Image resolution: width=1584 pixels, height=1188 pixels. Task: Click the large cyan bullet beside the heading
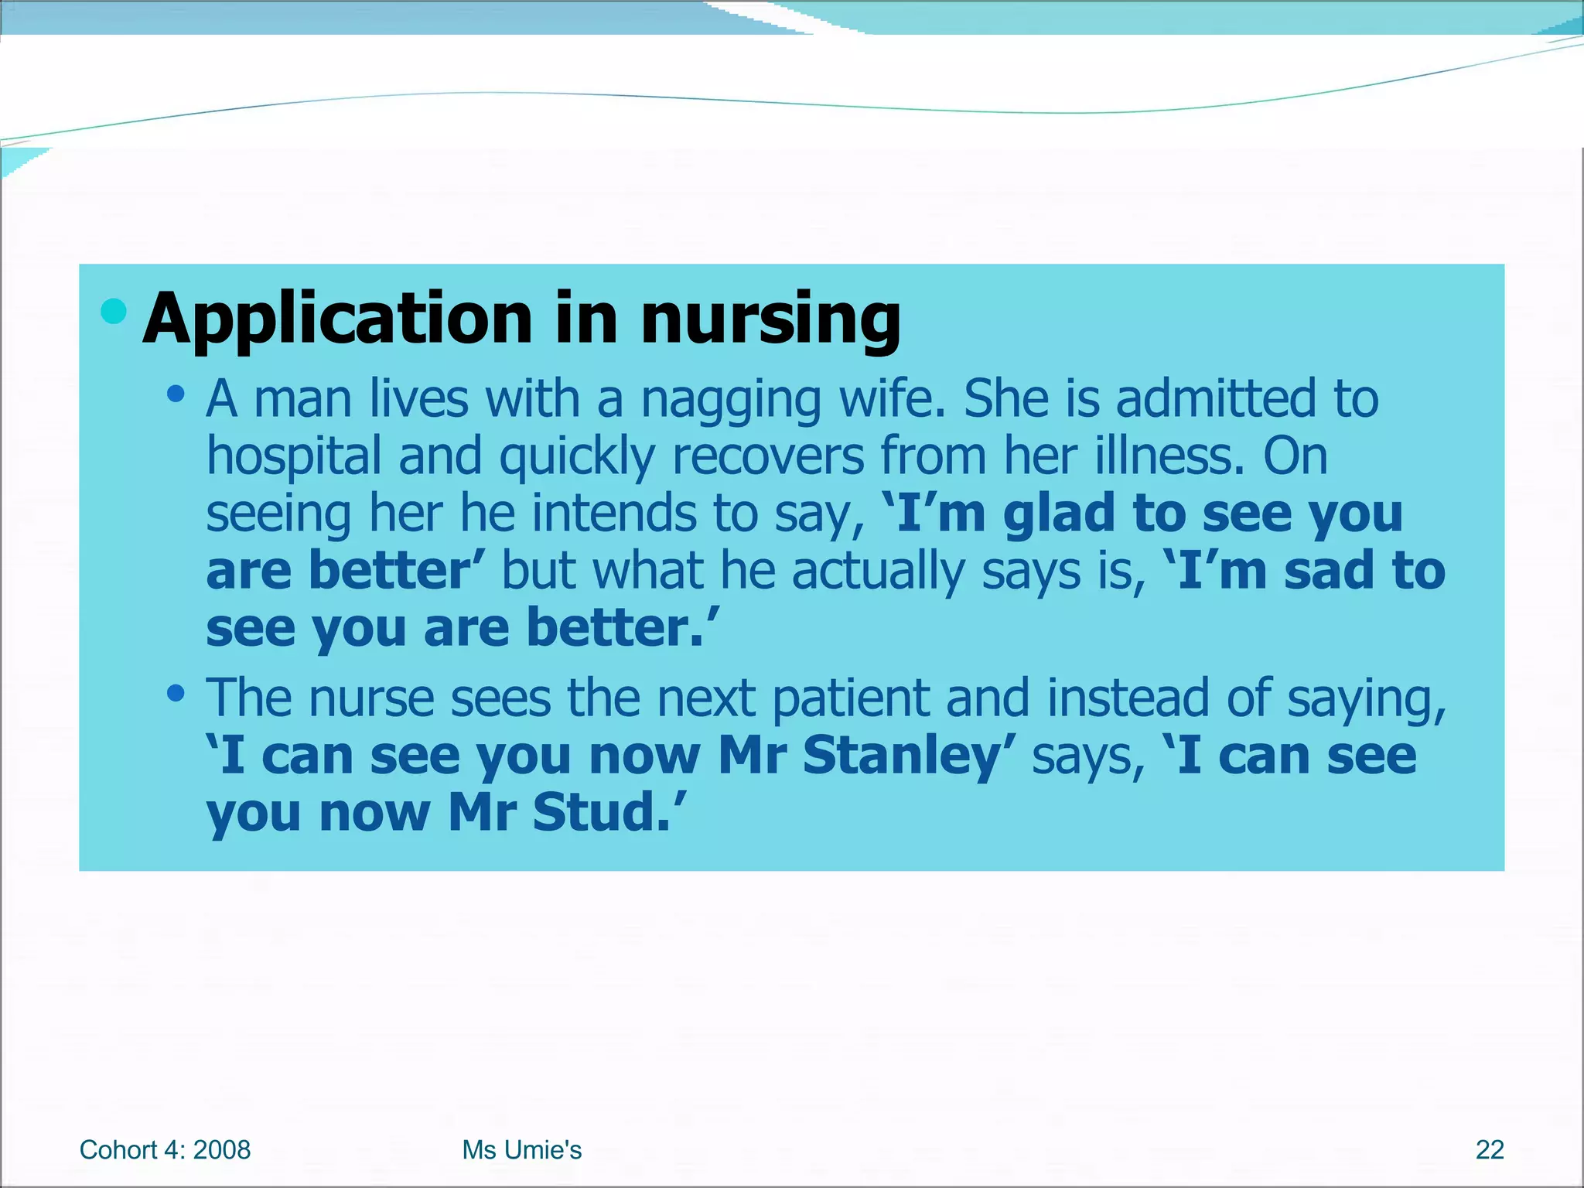114,311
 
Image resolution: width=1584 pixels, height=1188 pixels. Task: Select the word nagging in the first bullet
730,400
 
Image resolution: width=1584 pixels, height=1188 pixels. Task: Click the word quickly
577,456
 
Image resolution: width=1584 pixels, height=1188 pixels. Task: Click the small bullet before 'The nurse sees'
176,693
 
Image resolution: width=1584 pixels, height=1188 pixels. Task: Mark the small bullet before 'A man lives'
176,394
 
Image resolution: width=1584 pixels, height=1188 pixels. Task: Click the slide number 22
1489,1150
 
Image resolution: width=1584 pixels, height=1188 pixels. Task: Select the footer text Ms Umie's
521,1150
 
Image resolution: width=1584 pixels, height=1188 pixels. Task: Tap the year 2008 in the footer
222,1150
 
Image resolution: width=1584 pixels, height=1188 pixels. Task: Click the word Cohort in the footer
118,1150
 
